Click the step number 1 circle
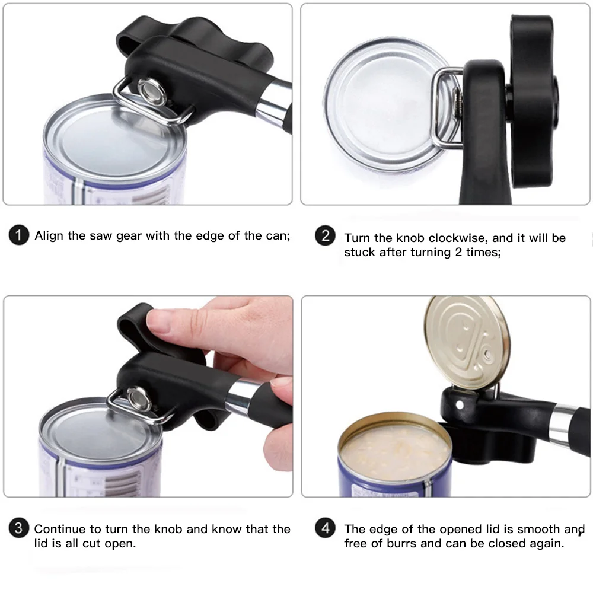19,235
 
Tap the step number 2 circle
325,235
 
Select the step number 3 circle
19,528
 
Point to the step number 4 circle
325,528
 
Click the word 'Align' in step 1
49,235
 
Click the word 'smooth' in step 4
538,529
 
